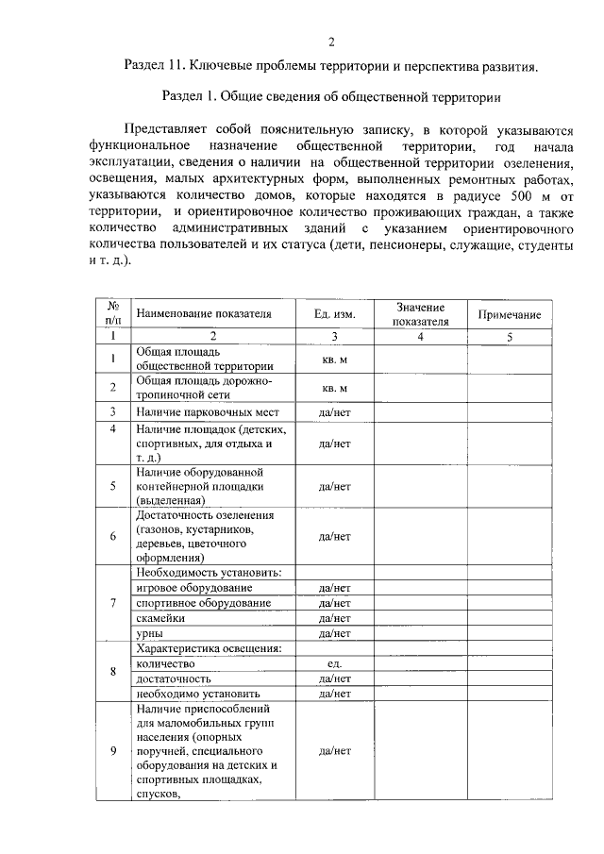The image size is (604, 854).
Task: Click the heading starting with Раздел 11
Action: pyautogui.click(x=331, y=67)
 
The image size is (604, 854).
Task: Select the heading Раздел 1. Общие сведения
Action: pyautogui.click(x=330, y=97)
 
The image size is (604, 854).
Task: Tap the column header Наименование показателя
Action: pyautogui.click(x=203, y=314)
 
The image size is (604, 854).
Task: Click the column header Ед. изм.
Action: pyautogui.click(x=335, y=314)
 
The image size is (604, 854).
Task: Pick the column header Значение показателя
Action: pyautogui.click(x=420, y=314)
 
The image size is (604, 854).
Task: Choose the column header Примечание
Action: pyautogui.click(x=509, y=314)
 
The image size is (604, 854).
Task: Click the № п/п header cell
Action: pyautogui.click(x=112, y=314)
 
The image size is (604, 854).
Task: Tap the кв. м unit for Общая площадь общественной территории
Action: pyautogui.click(x=335, y=360)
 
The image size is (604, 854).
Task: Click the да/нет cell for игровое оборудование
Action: pyautogui.click(x=335, y=588)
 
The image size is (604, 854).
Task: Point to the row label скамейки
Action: pyautogui.click(x=159, y=618)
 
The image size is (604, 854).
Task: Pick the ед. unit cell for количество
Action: pyautogui.click(x=335, y=663)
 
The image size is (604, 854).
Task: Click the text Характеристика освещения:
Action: pyautogui.click(x=210, y=648)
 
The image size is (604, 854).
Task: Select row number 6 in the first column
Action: pyautogui.click(x=112, y=536)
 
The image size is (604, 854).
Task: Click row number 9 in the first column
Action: pyautogui.click(x=112, y=751)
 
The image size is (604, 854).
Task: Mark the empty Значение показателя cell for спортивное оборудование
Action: pyautogui.click(x=420, y=603)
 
